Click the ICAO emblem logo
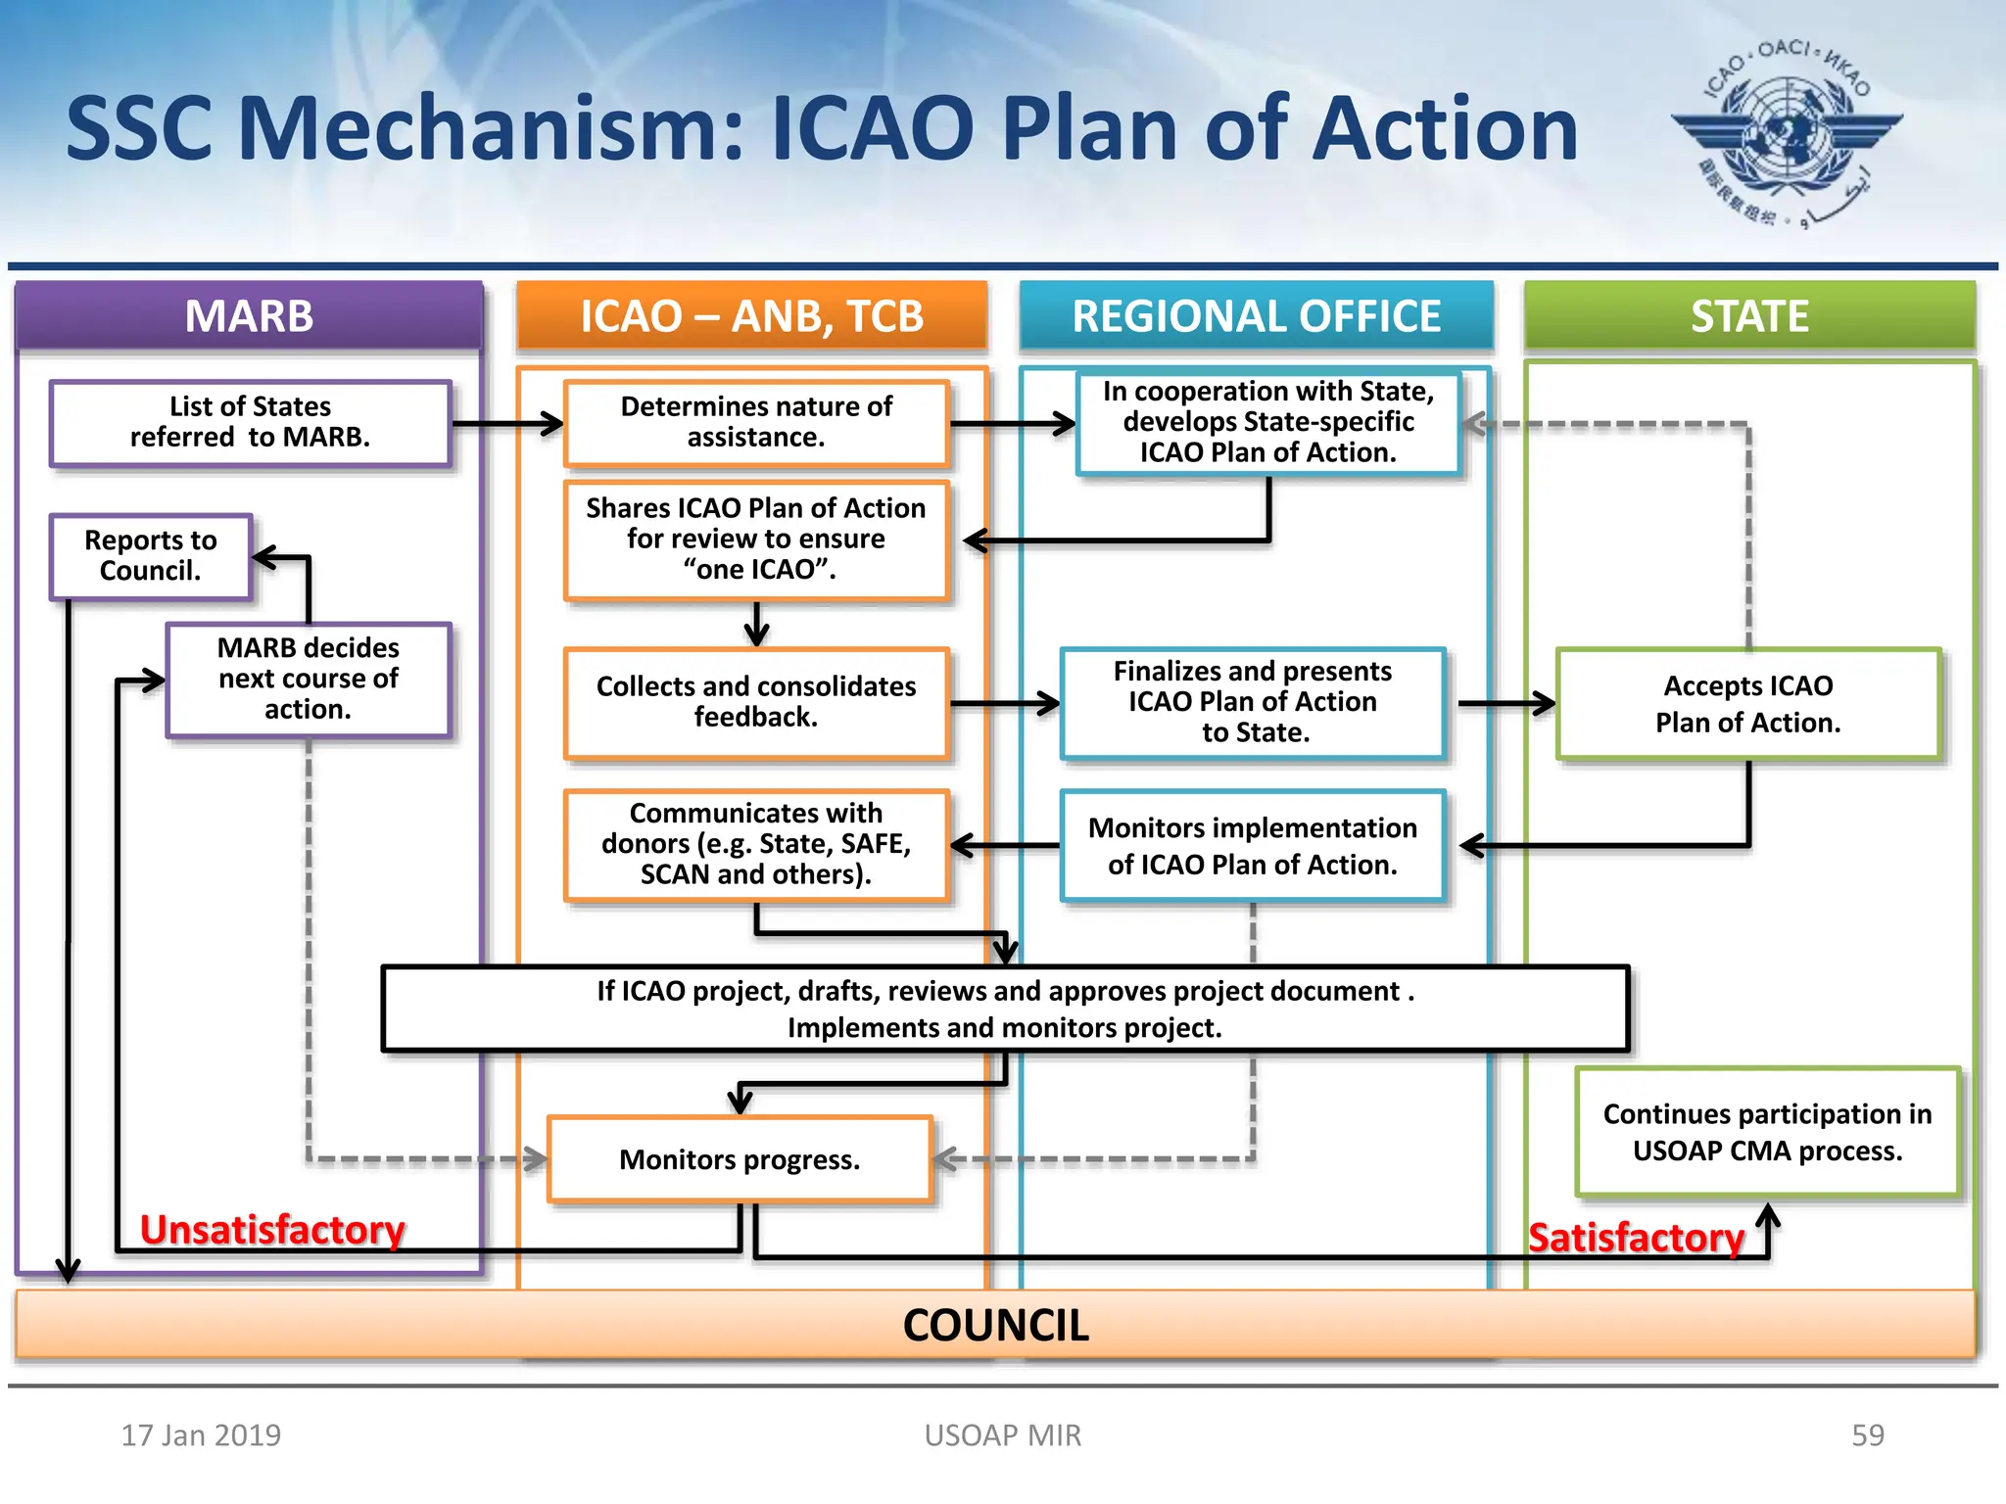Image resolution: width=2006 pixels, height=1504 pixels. [1787, 131]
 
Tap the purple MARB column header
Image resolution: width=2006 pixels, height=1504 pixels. [249, 316]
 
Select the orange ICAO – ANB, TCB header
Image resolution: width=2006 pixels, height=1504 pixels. [751, 316]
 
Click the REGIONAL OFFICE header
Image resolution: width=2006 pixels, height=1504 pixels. [1256, 316]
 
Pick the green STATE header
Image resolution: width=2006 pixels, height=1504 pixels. [1749, 316]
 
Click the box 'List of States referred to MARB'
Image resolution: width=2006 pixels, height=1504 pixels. [251, 422]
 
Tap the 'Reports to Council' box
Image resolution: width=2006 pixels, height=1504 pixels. [151, 556]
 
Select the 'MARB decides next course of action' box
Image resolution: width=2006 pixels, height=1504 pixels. [308, 679]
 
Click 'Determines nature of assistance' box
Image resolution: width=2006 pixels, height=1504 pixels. [756, 422]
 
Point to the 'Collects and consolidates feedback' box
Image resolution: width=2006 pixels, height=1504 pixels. [756, 702]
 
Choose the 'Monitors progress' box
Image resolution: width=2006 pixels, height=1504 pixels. [740, 1159]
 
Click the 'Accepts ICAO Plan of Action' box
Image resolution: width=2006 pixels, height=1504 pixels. [1748, 703]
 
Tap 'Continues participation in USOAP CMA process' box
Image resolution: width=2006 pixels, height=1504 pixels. [1767, 1132]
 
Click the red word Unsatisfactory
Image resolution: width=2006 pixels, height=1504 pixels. [272, 1230]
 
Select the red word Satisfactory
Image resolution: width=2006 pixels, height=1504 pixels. [1636, 1238]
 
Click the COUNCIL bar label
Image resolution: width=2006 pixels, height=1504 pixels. [995, 1325]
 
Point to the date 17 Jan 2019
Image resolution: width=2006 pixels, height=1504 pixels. [201, 1434]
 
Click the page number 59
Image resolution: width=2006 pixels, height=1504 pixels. [1867, 1434]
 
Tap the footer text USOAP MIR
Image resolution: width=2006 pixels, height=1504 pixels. [1003, 1434]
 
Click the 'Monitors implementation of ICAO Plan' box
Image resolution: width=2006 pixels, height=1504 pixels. [1253, 846]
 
